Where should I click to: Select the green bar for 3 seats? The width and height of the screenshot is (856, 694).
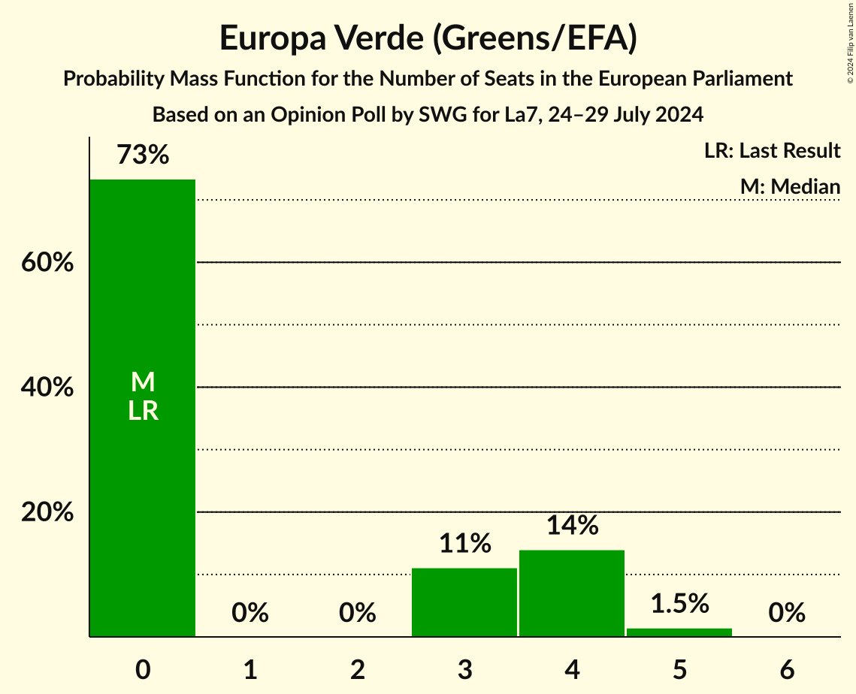click(x=464, y=602)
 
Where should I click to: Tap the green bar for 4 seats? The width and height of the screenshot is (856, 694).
click(x=572, y=593)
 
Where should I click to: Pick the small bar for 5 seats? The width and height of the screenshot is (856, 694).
click(x=679, y=632)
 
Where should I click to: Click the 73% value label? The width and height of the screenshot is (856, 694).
click(x=143, y=155)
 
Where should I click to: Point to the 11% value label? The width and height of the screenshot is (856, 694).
click(x=464, y=543)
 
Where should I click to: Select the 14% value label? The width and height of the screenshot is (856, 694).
click(x=572, y=525)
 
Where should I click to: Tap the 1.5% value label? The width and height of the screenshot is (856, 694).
click(x=679, y=603)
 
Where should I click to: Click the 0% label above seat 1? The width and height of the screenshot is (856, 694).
click(x=250, y=613)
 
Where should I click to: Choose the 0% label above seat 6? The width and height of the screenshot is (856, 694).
click(x=787, y=613)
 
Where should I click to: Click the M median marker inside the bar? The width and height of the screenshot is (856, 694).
click(x=143, y=382)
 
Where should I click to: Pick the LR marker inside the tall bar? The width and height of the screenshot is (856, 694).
click(x=143, y=411)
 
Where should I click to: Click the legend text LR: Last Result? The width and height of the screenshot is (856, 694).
click(x=772, y=151)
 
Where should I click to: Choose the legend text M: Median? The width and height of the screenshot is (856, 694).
click(x=790, y=186)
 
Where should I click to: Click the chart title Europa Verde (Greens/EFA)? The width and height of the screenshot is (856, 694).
click(x=428, y=39)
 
